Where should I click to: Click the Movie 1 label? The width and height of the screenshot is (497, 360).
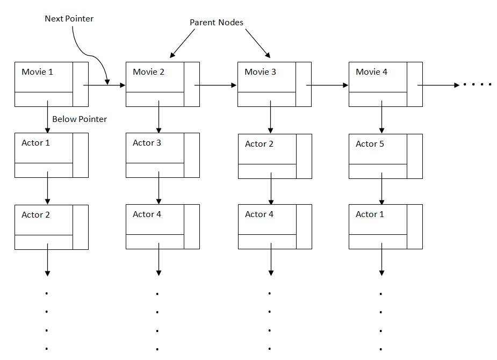(37, 71)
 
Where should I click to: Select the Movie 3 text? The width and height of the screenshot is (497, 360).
(260, 71)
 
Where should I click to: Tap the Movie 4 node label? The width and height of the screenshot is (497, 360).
(371, 71)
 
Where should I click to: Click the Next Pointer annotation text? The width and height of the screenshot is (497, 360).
(69, 19)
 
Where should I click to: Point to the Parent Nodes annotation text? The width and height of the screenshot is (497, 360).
(217, 23)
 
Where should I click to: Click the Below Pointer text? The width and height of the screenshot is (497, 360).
(80, 119)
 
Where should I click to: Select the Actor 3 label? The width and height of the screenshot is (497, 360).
(147, 143)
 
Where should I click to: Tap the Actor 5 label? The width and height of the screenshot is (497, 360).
(370, 144)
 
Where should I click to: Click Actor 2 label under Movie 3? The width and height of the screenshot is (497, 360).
(259, 144)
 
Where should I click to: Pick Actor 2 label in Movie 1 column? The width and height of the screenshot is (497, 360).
(35, 214)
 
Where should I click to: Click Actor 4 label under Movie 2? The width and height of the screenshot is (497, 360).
(147, 214)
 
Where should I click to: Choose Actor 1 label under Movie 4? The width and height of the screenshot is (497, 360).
(370, 214)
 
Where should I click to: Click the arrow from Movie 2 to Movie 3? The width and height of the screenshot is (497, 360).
(215, 85)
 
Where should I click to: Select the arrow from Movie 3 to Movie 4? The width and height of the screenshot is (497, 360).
(327, 85)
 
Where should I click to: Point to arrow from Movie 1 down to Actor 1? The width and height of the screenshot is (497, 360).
(47, 116)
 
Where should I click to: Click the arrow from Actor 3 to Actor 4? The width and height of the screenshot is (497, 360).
(159, 188)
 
